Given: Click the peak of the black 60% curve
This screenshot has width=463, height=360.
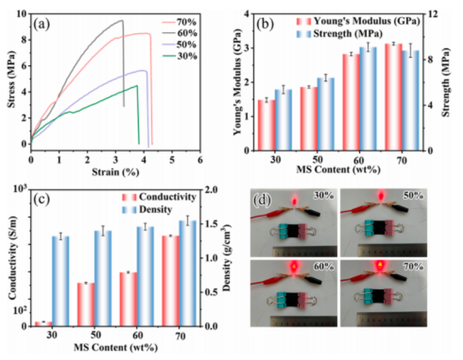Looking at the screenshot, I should (x=121, y=21).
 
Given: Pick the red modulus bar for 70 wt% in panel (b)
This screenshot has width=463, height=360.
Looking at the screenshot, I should (x=393, y=97).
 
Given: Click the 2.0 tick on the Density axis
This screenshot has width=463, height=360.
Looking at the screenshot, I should (x=214, y=190).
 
